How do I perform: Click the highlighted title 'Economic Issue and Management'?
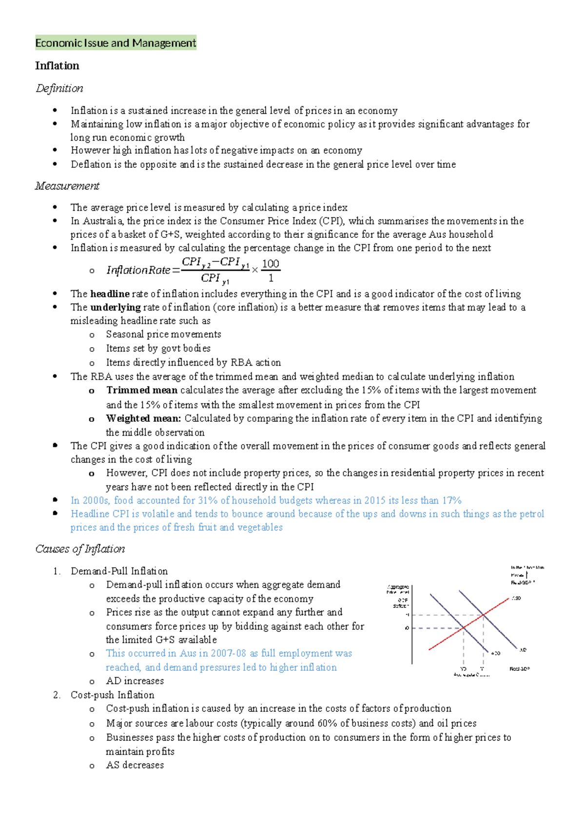coord(116,43)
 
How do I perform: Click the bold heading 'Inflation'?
coord(57,66)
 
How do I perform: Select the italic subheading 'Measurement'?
coord(67,186)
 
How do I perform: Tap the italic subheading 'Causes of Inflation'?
coord(80,549)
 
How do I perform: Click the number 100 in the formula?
coord(271,264)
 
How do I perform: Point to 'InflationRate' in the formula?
coord(138,270)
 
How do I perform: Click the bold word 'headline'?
coord(110,294)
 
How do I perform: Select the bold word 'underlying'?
coord(116,307)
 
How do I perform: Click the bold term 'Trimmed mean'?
coord(142,390)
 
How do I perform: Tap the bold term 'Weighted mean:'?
coord(144,418)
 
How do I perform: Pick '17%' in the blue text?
coord(452,500)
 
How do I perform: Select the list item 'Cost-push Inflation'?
coord(113,695)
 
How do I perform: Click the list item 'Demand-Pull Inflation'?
coord(119,571)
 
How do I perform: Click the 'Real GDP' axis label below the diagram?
coord(520,669)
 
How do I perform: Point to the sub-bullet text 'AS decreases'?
coord(135,765)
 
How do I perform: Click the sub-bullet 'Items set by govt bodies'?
coord(158,348)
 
